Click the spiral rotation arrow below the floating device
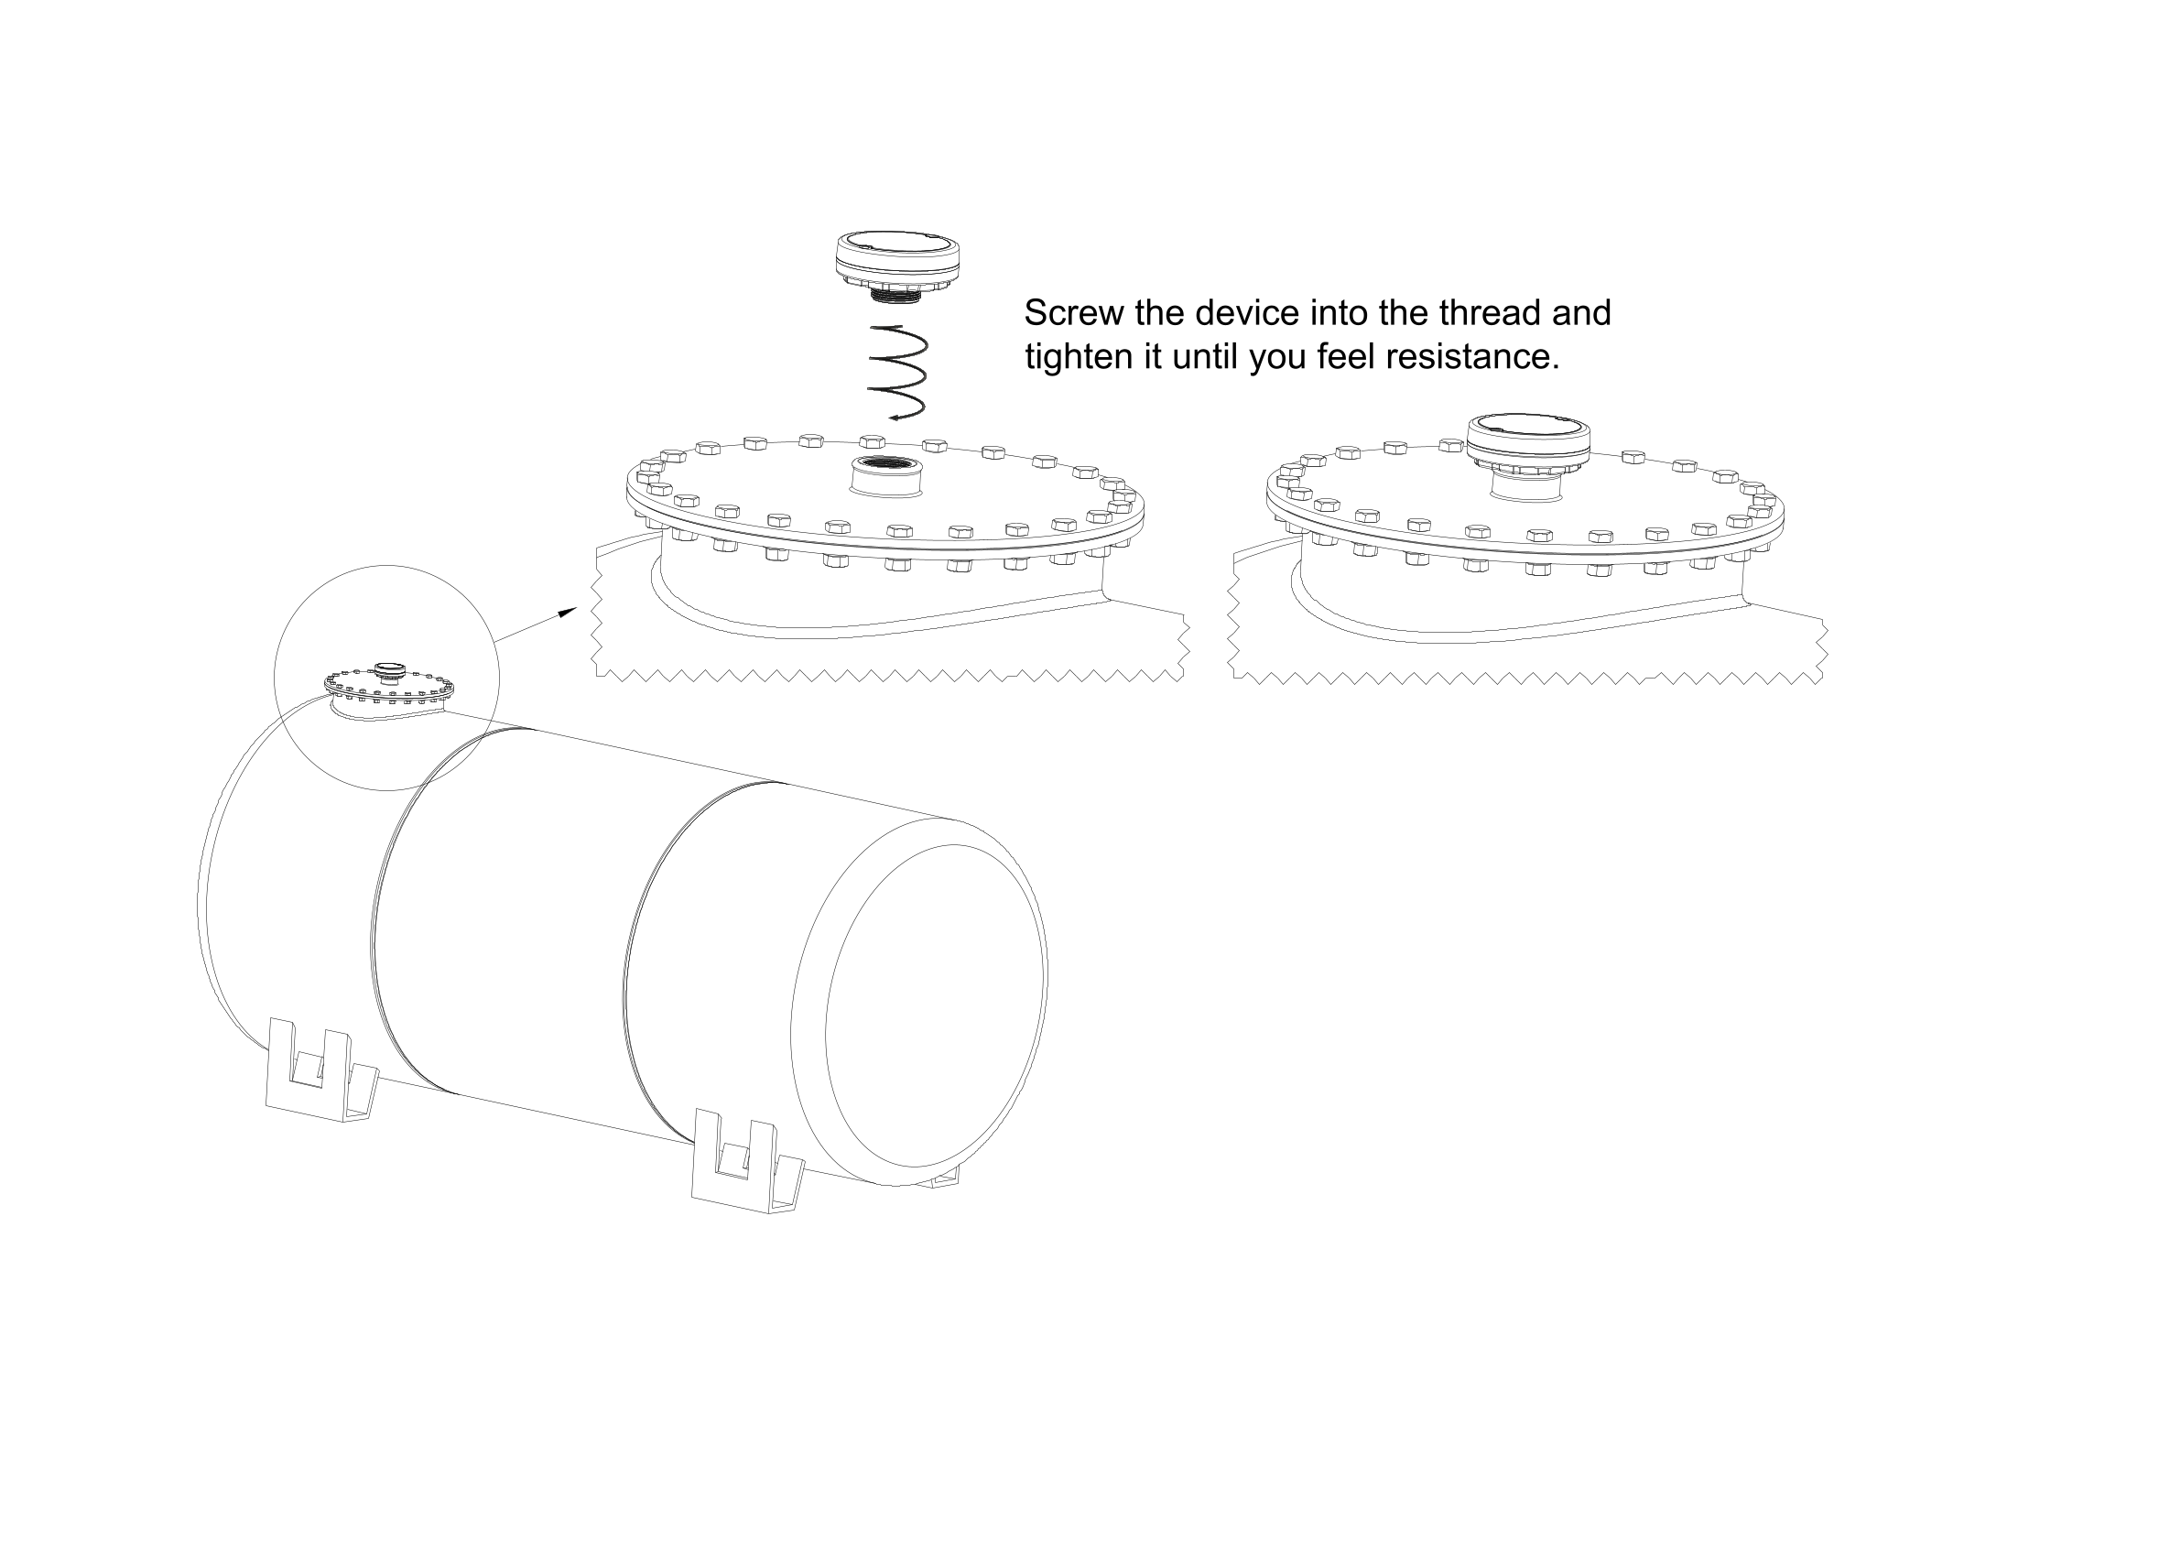[896, 373]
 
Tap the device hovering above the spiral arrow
[896, 266]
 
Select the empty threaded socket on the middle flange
[886, 475]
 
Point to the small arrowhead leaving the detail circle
[566, 613]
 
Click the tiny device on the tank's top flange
[388, 672]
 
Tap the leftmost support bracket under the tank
[321, 1070]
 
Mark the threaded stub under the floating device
[896, 297]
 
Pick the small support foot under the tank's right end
[943, 1178]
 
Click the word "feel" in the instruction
[1346, 357]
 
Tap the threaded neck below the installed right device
[1527, 485]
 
